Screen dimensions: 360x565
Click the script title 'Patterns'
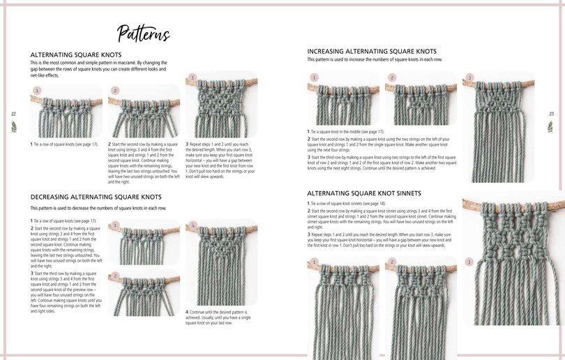(x=144, y=33)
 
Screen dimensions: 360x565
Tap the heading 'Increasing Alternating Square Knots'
(x=372, y=52)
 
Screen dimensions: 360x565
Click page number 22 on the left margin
(x=13, y=113)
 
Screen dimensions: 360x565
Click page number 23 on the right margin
(x=551, y=113)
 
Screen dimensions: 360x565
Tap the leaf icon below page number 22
(x=13, y=126)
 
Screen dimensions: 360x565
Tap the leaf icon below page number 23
(x=551, y=126)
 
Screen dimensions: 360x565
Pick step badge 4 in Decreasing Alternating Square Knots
(x=192, y=225)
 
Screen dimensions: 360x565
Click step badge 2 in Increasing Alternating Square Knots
(x=392, y=77)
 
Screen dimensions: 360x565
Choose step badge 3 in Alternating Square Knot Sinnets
(x=469, y=262)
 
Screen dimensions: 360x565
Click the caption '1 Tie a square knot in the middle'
(x=347, y=132)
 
